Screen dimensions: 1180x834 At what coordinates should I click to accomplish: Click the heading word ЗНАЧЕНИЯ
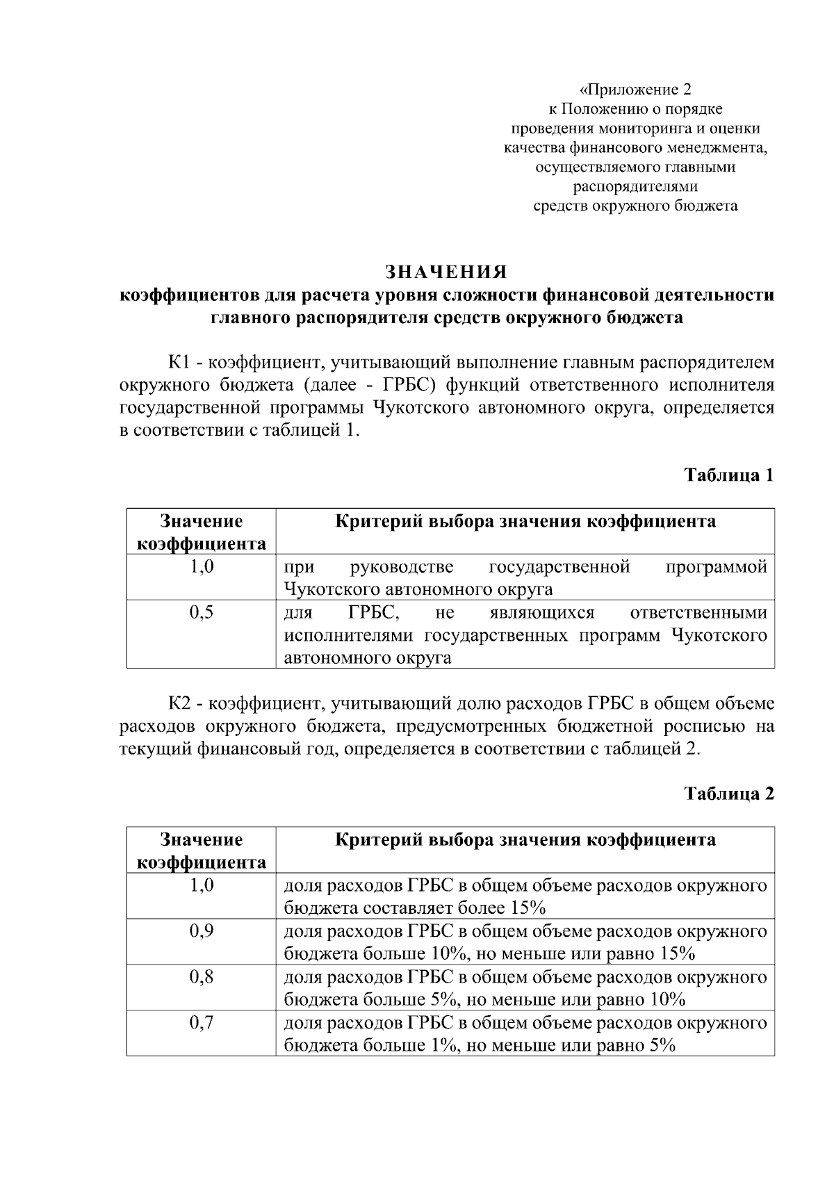446,271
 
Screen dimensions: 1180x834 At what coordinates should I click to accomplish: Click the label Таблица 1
728,475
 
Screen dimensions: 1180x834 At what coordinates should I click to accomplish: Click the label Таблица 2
728,794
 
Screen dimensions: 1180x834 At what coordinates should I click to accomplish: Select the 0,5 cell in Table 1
201,613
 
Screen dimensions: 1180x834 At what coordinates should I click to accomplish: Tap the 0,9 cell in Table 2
201,931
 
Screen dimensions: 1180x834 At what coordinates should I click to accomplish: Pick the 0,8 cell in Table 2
201,977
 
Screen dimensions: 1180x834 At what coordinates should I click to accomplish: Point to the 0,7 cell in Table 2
201,1023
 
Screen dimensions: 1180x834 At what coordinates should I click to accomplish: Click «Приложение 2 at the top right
637,90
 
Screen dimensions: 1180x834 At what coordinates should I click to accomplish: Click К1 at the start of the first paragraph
179,363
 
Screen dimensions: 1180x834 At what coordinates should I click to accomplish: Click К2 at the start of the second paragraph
179,704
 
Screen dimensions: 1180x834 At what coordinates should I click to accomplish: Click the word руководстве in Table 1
402,567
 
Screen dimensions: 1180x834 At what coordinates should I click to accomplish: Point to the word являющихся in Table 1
542,613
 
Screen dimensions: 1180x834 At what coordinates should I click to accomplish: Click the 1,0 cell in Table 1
201,567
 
